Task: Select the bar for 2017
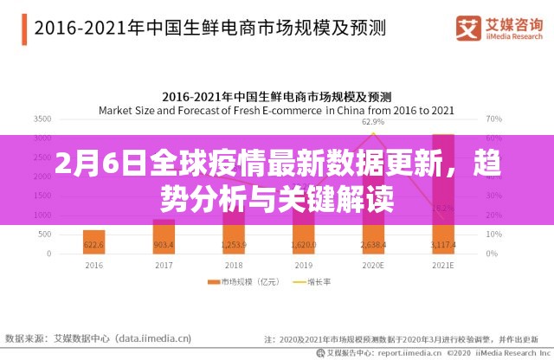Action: [x=164, y=239]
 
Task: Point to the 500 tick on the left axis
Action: [x=46, y=238]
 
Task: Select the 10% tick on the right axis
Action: [x=494, y=238]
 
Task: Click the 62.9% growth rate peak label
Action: [x=373, y=123]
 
